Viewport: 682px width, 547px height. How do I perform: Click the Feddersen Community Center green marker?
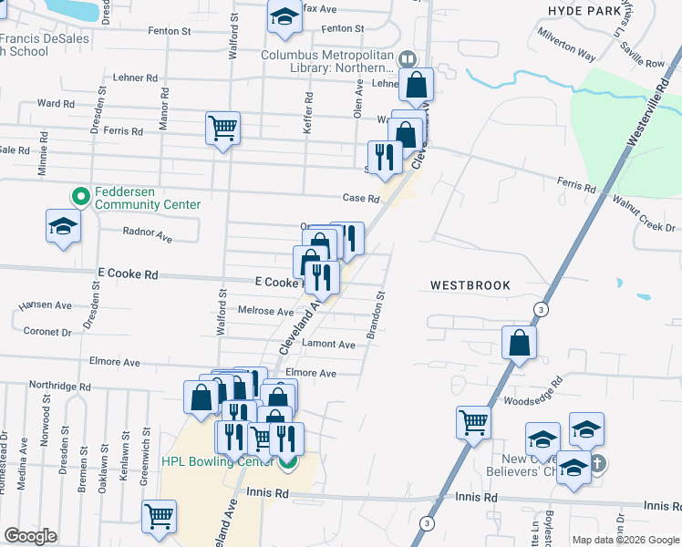coord(80,196)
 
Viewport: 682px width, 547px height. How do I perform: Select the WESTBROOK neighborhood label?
coord(470,285)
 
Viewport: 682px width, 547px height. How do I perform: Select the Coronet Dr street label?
coord(47,332)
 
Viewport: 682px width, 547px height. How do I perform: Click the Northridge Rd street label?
coord(60,387)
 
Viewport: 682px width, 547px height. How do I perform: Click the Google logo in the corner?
coord(30,536)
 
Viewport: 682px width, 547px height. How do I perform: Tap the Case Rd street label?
coord(360,199)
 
